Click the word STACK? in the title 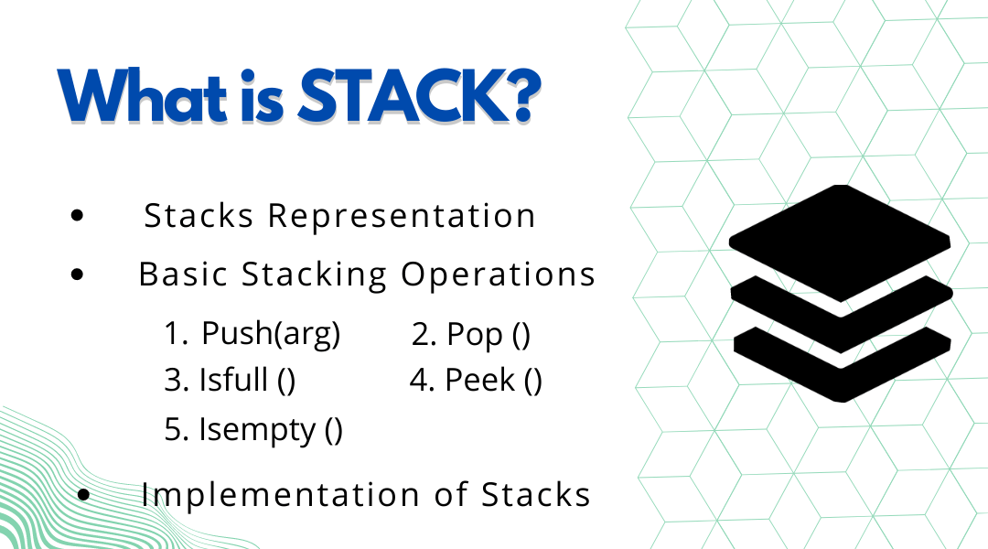[419, 96]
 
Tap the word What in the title [143, 96]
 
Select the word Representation [402, 216]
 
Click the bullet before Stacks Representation [78, 216]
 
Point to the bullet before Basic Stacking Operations [78, 274]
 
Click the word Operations [498, 275]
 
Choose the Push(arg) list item [270, 333]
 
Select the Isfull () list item [247, 380]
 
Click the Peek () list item [493, 380]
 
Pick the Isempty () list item [271, 430]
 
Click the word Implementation [281, 495]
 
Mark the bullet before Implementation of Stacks [84, 495]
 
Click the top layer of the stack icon [839, 242]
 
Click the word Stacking [315, 275]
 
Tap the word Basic [183, 275]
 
